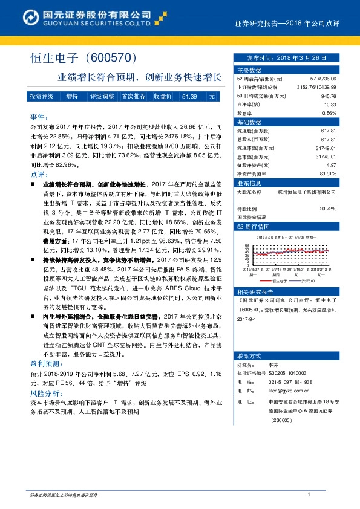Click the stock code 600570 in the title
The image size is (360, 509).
click(114, 58)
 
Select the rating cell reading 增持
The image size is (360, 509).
click(73, 97)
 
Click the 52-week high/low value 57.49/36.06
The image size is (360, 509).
click(323, 79)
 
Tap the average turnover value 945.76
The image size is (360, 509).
click(329, 96)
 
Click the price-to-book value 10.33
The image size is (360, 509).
click(330, 104)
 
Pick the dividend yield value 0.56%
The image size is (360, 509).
click(329, 113)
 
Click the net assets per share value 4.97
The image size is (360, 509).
click(331, 164)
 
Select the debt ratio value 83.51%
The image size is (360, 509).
click(327, 173)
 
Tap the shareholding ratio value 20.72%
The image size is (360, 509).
click(327, 208)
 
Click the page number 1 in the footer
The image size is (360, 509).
click(309, 495)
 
